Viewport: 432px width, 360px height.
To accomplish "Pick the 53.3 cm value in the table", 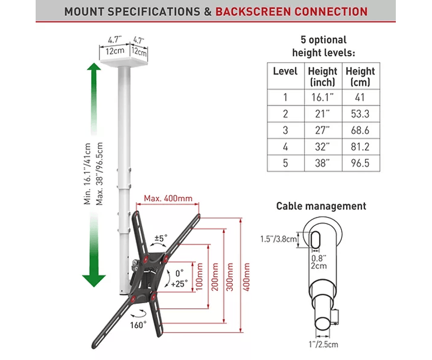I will click(360, 114).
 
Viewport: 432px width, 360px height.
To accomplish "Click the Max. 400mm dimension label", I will click(168, 199).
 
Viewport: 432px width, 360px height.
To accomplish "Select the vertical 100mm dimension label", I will click(199, 277).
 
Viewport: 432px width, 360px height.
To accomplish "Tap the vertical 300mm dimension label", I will click(231, 277).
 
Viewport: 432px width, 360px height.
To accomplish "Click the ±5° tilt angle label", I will click(161, 237).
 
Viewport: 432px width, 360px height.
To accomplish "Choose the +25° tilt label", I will click(179, 282).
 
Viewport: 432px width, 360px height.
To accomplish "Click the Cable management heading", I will click(321, 206).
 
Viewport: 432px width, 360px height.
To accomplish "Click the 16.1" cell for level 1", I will click(322, 98).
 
